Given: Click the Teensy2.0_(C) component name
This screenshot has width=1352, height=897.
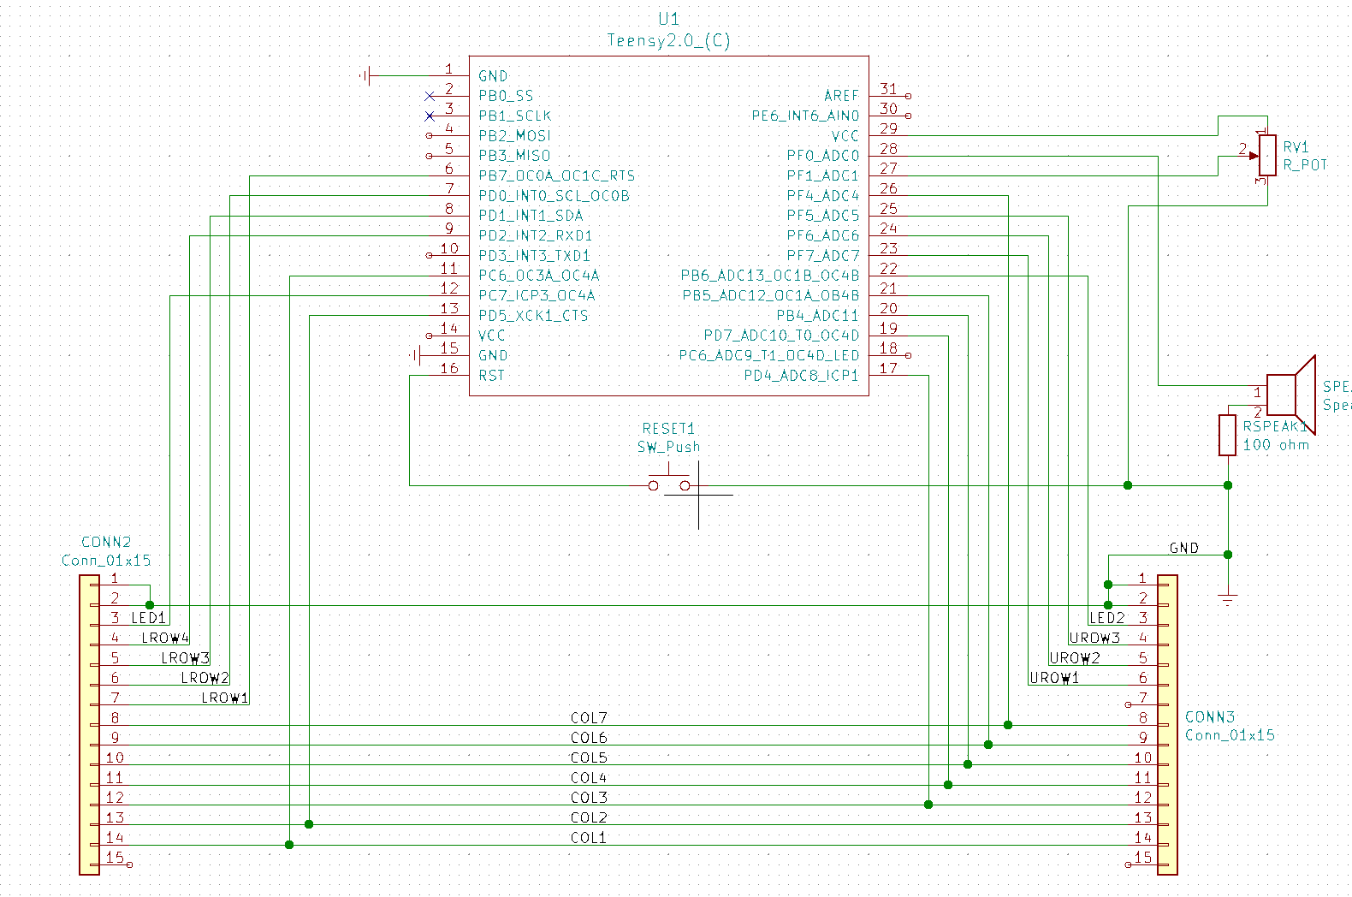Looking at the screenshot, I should coord(668,40).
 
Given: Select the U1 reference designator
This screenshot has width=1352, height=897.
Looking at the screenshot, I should coord(668,19).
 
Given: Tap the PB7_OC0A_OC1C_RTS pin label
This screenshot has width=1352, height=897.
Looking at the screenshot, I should coord(556,175).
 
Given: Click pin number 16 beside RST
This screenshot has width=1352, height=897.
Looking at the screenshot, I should coord(449,368).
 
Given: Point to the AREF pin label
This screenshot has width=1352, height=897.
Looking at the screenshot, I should coord(841,96).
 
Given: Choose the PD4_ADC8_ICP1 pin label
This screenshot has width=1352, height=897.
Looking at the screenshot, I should coord(801,376).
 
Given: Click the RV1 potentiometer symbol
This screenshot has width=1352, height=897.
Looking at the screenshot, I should coord(1267,155).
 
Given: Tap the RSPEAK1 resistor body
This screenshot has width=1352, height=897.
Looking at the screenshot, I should coord(1227,435).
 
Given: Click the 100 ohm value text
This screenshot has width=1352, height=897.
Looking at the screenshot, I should coord(1276,445).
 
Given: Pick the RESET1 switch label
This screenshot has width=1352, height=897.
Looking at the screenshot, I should coord(668,428).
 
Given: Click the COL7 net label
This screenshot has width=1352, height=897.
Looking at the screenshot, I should coord(589,717).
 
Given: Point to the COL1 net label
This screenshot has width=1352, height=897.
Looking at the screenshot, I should coord(589,838).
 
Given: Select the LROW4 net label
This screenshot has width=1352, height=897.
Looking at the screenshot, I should coord(165,638).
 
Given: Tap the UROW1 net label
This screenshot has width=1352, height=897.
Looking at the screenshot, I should coord(1054,678).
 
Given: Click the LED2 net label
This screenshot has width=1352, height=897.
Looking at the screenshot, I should coord(1106,617).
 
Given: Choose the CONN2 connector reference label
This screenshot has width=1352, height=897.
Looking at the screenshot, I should coord(106,542).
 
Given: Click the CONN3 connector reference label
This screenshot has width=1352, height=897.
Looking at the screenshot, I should coord(1210,716).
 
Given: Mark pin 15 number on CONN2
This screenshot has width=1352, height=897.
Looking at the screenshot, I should coord(115,857).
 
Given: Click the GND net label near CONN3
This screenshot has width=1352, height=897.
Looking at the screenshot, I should coord(1183,548).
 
